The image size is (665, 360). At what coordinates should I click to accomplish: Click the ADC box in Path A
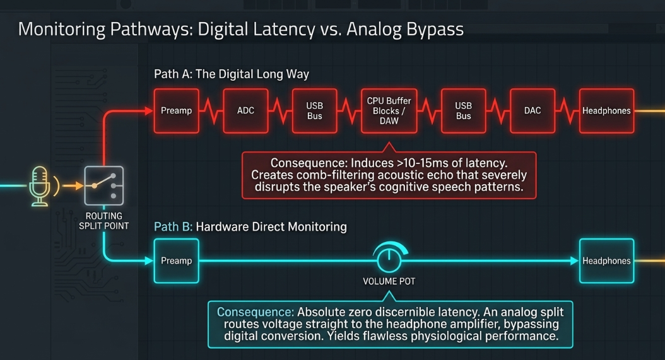click(x=245, y=111)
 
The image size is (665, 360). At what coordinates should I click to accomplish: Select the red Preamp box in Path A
click(x=176, y=111)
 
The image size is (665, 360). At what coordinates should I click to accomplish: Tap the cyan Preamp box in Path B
click(x=176, y=261)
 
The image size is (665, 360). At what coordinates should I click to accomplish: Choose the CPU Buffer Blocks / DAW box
click(x=389, y=111)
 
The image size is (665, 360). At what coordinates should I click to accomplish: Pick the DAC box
click(x=533, y=111)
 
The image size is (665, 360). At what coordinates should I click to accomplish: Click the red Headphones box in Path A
click(x=606, y=111)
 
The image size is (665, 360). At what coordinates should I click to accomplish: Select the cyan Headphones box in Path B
click(x=606, y=261)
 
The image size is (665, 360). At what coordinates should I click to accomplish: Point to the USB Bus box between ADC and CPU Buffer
click(x=315, y=111)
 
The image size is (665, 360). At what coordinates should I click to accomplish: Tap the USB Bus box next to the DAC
click(x=463, y=111)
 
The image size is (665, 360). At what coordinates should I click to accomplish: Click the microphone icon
click(x=40, y=186)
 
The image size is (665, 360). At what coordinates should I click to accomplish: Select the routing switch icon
click(x=104, y=186)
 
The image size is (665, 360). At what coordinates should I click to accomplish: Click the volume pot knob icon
click(x=389, y=257)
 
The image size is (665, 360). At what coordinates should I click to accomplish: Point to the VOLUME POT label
click(x=389, y=281)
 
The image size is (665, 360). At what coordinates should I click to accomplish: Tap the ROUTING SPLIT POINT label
click(x=104, y=221)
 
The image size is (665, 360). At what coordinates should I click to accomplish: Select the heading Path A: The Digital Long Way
click(x=232, y=74)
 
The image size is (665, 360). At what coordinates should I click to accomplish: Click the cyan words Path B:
click(x=173, y=227)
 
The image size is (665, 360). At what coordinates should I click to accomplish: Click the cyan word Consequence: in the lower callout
click(x=256, y=312)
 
